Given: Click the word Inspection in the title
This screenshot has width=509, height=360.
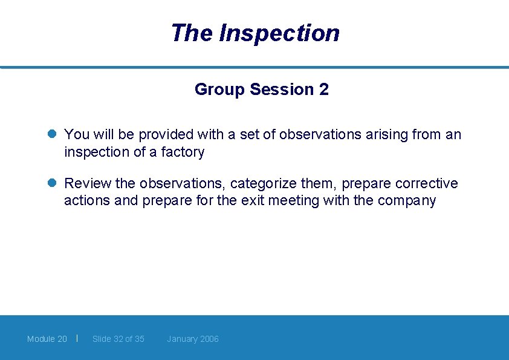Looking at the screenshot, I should click(x=279, y=33).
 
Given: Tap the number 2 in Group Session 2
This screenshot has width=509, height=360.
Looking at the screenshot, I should click(x=324, y=90).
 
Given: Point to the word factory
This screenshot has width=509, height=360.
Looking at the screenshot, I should click(x=183, y=152).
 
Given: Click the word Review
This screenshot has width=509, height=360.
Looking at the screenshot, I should click(x=87, y=183).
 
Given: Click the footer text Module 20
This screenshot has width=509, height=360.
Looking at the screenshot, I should click(x=47, y=339).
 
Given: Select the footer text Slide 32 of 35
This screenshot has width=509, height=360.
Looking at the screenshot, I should click(x=118, y=339).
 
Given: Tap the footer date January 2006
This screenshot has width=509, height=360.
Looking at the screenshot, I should click(x=193, y=339).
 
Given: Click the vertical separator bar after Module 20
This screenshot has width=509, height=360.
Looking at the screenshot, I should click(x=77, y=338).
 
